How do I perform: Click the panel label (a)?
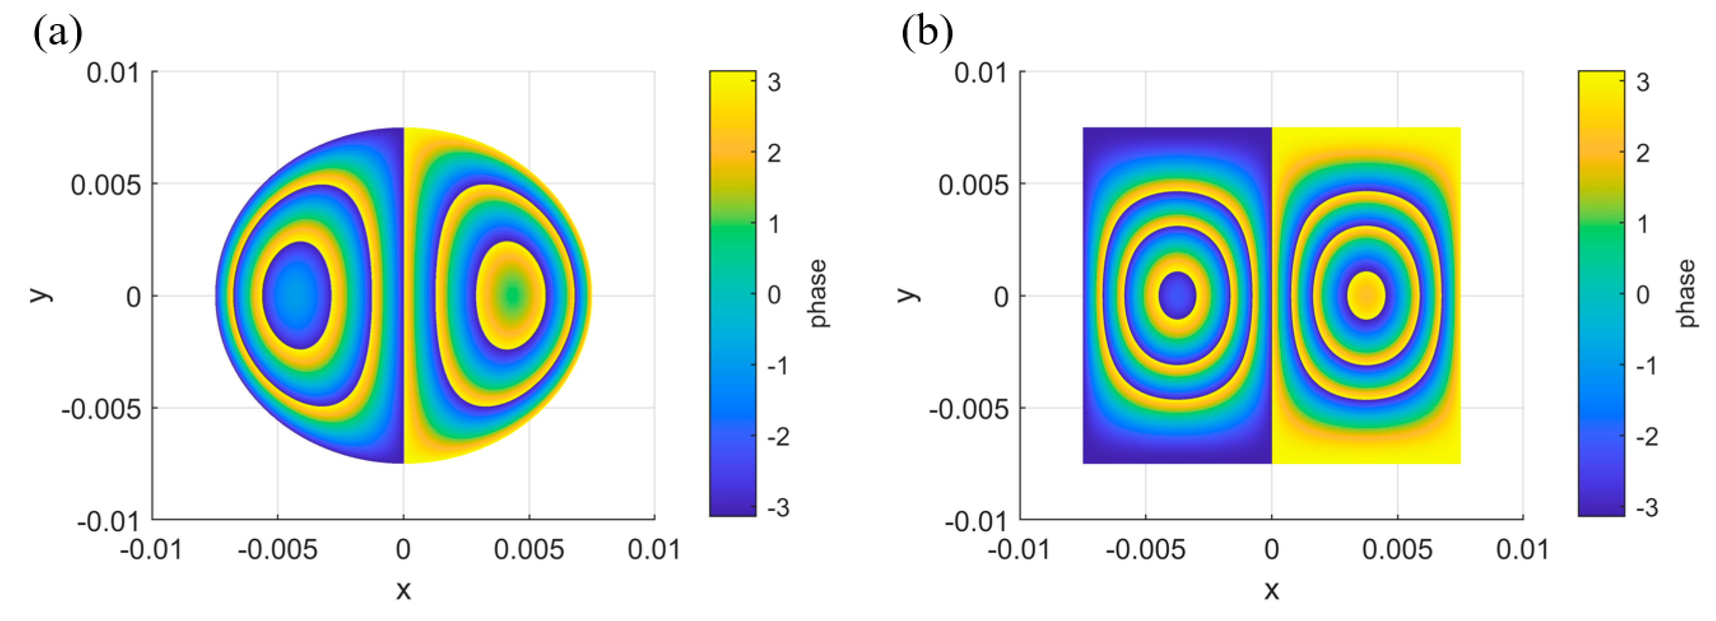point(58,32)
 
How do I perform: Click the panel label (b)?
point(926,32)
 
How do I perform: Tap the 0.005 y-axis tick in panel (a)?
point(106,185)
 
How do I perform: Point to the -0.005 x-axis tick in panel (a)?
point(277,550)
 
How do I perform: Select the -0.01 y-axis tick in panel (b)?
point(976,520)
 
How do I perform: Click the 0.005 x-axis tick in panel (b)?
point(1397,550)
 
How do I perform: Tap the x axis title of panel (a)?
point(403,590)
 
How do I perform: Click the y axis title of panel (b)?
point(907,294)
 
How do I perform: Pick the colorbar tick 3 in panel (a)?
point(774,83)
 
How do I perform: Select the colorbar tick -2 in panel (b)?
point(1646,436)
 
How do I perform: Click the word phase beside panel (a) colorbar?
point(818,293)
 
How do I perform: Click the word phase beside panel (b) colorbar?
point(1687,293)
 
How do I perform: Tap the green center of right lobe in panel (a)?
point(511,295)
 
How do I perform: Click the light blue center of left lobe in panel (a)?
point(294,295)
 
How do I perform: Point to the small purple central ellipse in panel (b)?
point(1177,295)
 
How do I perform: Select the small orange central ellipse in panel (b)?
point(1366,295)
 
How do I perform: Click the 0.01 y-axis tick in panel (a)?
point(113,72)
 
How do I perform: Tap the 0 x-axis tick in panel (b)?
point(1271,550)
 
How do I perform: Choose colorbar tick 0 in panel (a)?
point(774,295)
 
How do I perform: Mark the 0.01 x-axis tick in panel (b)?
point(1522,550)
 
